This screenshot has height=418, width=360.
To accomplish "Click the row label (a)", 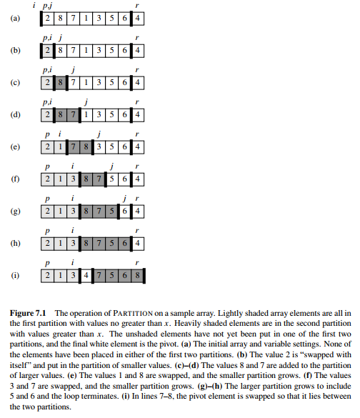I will tap(16, 18).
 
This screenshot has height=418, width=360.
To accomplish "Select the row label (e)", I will tap(16, 146).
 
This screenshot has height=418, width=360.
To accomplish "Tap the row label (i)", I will tap(16, 275).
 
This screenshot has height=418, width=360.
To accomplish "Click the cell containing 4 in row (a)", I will tap(138, 18).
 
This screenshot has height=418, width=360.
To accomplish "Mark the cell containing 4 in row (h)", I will tap(138, 244).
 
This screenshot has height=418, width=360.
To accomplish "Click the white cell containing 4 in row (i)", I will tap(86, 275).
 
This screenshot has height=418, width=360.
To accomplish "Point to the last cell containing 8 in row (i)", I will tap(138, 275).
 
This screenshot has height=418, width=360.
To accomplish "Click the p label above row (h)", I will tap(47, 231).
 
